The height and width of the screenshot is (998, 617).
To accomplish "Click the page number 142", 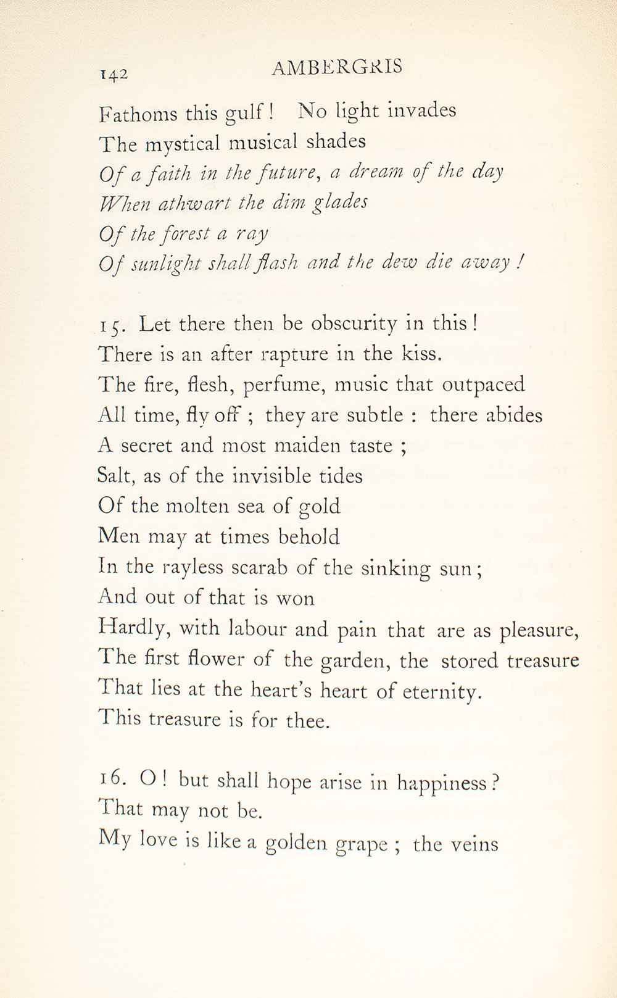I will (x=114, y=74).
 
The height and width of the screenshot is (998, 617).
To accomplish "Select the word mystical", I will (x=183, y=144).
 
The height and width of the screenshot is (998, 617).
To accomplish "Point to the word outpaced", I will (x=484, y=385).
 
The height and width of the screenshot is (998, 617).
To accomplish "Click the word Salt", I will (x=117, y=476).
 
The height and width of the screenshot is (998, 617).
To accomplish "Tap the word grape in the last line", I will (x=362, y=844).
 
